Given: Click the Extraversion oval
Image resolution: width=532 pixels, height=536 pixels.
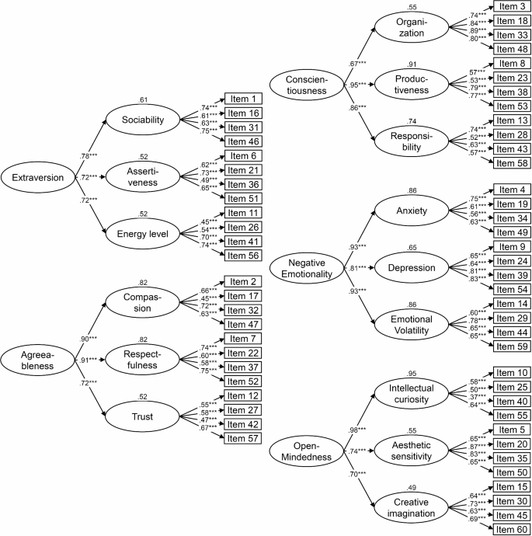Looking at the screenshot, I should (x=38, y=179).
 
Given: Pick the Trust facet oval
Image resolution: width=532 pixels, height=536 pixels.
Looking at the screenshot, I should (x=143, y=416).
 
